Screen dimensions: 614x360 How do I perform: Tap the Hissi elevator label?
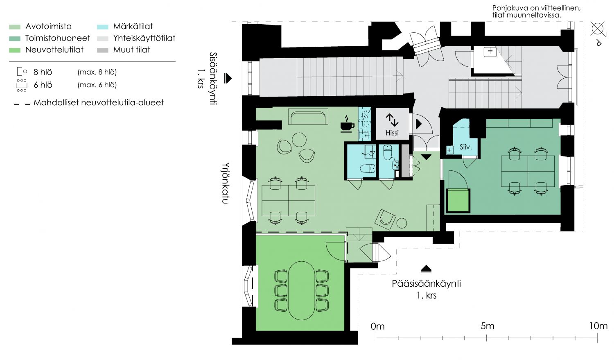tap(392, 133)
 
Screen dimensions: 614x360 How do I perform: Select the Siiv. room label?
tap(465, 147)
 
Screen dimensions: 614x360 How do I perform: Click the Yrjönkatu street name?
tap(225, 183)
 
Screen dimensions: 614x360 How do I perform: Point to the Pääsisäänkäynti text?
tap(426, 283)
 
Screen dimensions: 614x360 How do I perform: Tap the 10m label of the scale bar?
tap(598, 326)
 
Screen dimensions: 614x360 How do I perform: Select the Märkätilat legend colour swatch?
tap(102, 27)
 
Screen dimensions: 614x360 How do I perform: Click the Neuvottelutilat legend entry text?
tap(54, 50)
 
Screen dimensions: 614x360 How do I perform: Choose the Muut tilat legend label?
tap(131, 50)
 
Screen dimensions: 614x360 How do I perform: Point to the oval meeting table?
tap(302, 291)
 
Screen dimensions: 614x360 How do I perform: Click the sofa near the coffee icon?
tap(308, 117)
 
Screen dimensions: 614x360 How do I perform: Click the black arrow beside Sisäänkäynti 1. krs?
tap(228, 78)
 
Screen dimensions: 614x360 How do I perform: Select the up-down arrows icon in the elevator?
tap(392, 120)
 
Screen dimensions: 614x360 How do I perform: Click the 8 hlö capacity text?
tap(43, 72)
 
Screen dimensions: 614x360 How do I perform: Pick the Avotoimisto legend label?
tap(48, 27)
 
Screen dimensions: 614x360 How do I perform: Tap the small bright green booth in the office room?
tap(458, 201)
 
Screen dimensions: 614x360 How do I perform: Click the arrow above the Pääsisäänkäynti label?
tap(426, 269)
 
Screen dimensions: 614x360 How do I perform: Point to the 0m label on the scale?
tap(377, 326)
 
